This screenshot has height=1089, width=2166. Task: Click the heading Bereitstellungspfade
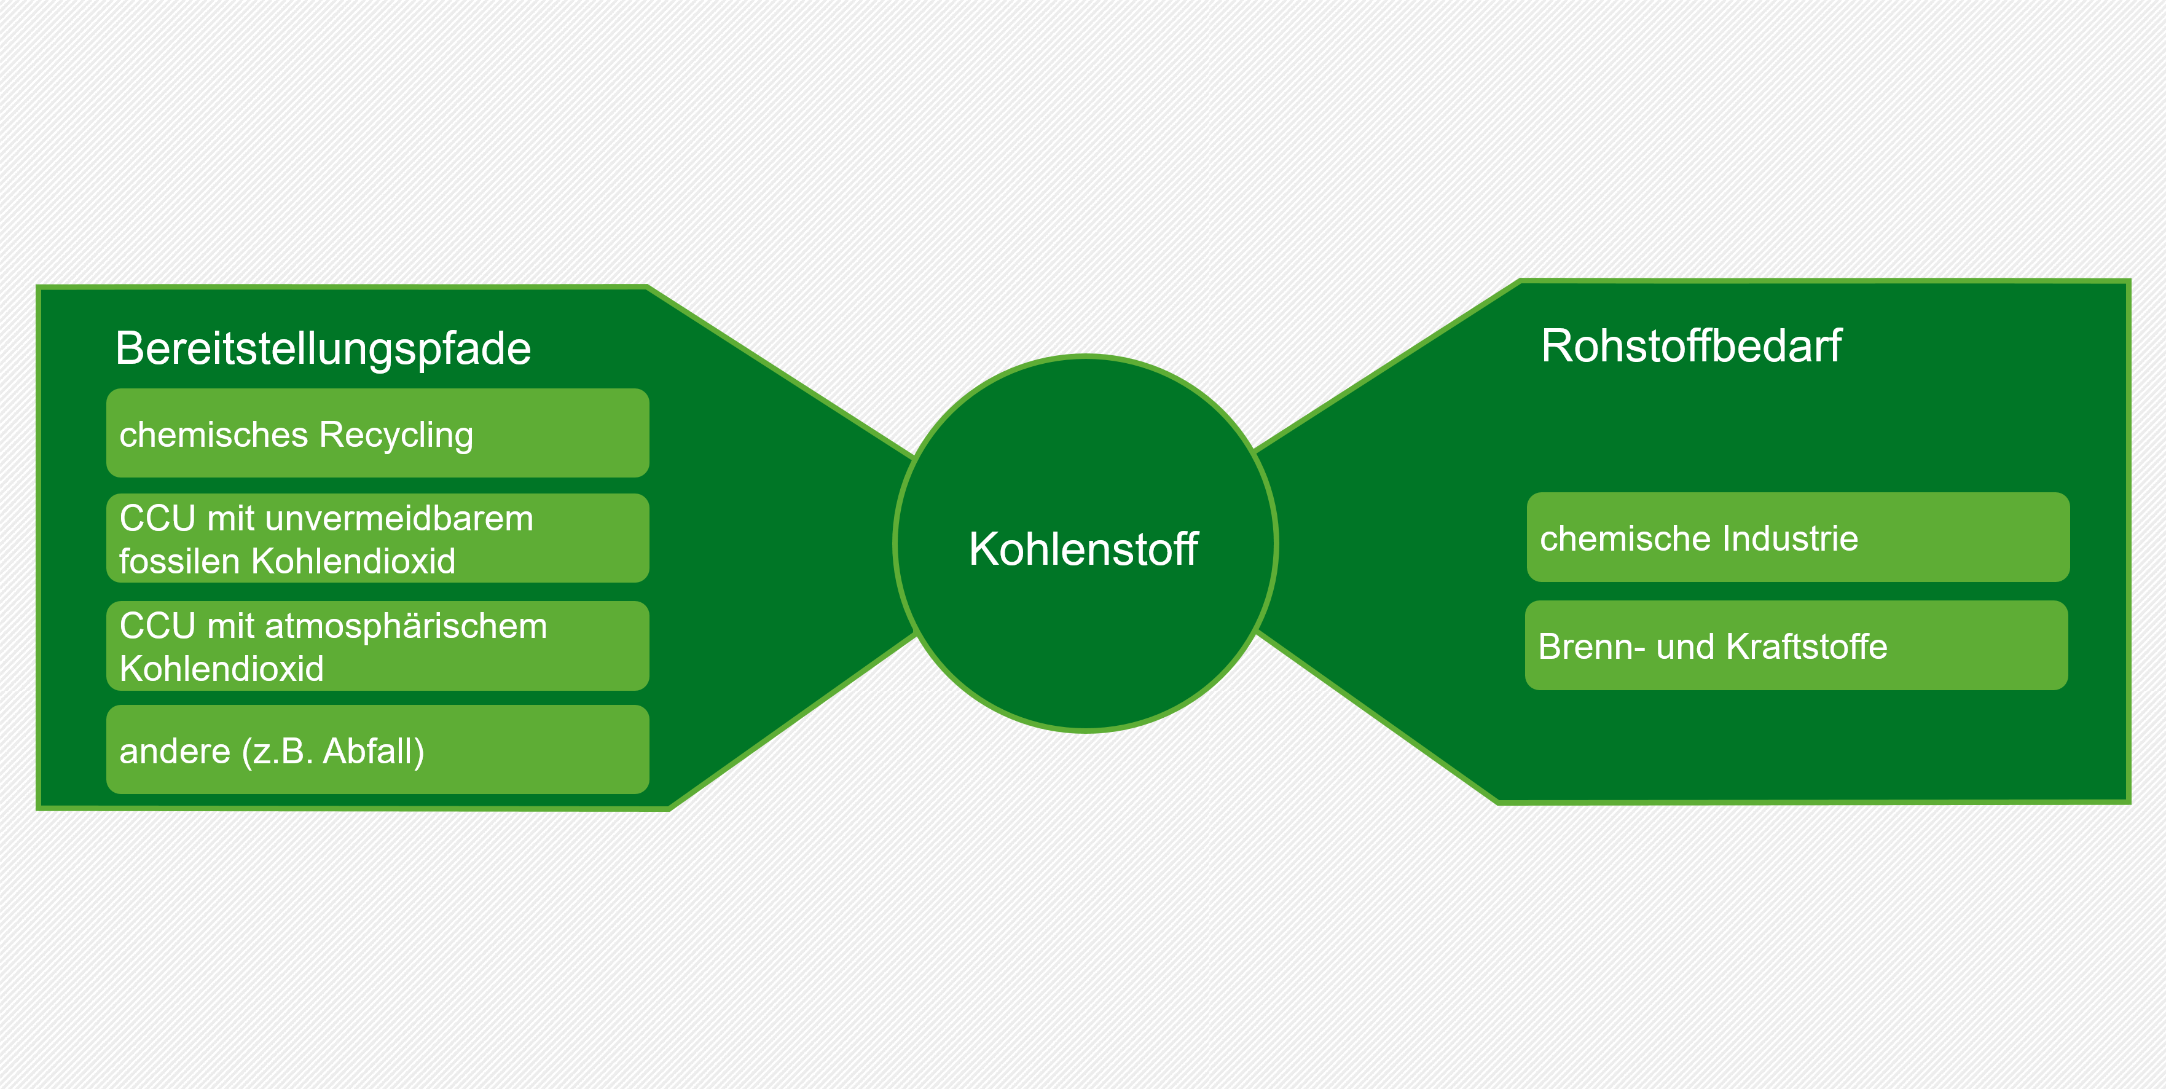tap(323, 349)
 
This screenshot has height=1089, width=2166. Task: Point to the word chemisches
tap(214, 434)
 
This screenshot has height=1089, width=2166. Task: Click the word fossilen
tap(180, 561)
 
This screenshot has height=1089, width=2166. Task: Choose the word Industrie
tap(1787, 538)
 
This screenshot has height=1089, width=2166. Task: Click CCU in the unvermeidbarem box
tap(157, 519)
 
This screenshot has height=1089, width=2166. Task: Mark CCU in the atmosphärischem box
tap(157, 626)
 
